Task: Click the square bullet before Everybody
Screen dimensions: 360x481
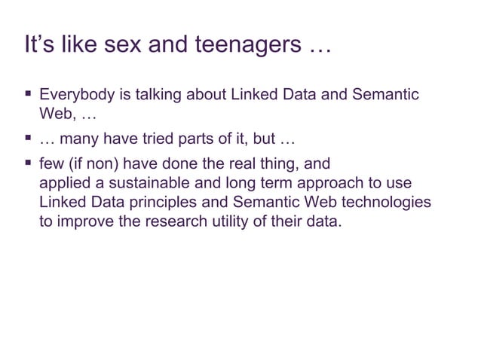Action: (28, 95)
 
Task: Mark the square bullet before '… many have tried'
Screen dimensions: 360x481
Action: (28, 139)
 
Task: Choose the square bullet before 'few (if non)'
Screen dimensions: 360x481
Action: (28, 163)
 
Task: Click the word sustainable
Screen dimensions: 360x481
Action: (141, 185)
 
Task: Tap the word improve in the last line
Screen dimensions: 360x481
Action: (84, 224)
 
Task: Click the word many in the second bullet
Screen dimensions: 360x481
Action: (81, 139)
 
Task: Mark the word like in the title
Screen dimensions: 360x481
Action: (66, 45)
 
